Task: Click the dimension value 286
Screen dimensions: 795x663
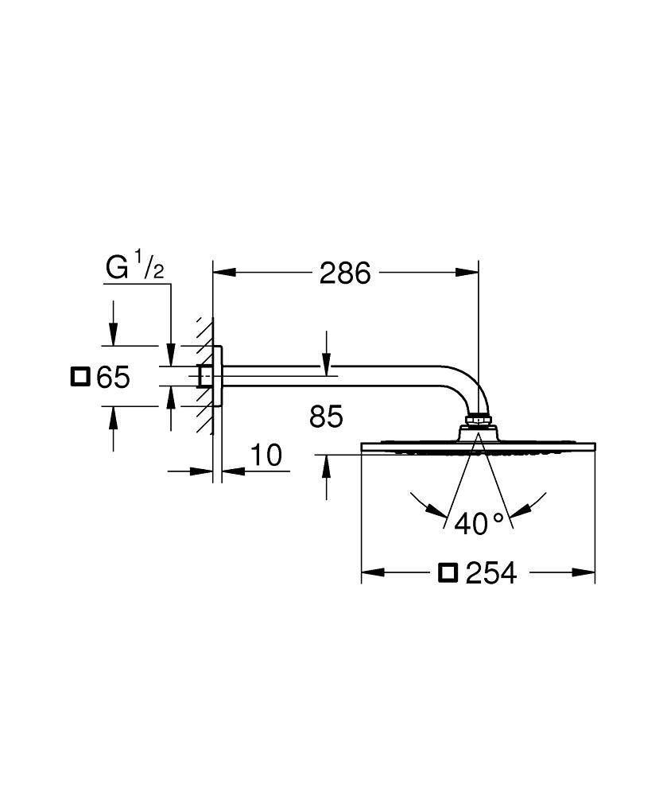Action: [x=344, y=273]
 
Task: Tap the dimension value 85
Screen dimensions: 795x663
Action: [x=326, y=416]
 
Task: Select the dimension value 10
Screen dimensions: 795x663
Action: [x=266, y=456]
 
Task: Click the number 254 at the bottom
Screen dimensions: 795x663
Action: [x=490, y=572]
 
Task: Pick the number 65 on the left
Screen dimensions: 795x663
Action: [x=112, y=377]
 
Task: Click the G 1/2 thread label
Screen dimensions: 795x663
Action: [x=134, y=268]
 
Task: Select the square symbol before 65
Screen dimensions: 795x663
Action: [x=80, y=376]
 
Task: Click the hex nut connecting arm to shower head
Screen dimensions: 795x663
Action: [x=479, y=419]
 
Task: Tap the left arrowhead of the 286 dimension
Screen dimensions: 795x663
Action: [x=223, y=273]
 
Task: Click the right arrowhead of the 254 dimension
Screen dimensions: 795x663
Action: [x=584, y=572]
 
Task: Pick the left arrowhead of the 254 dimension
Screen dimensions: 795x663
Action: [x=373, y=572]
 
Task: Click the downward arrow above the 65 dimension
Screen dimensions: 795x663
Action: [x=113, y=335]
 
